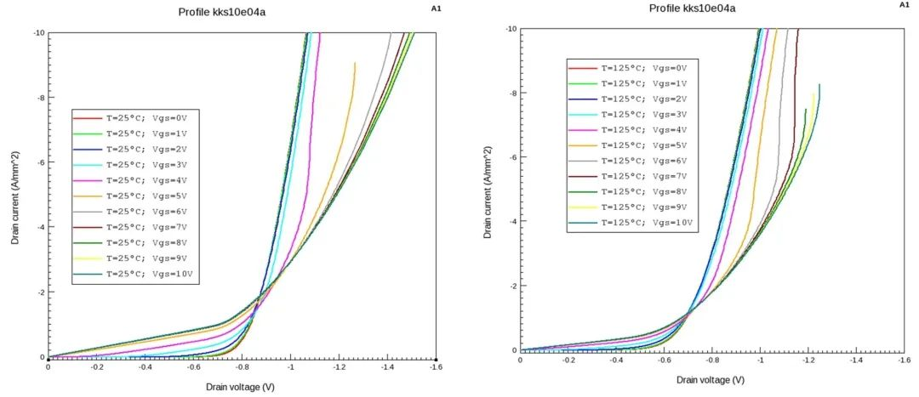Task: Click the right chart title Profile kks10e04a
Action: coord(691,9)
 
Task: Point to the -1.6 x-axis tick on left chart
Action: coord(436,369)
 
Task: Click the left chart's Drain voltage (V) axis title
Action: coord(240,388)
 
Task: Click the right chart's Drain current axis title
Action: coord(488,190)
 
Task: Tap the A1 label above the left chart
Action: coord(436,8)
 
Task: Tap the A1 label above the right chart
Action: coord(904,5)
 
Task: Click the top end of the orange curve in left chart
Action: coord(355,64)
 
